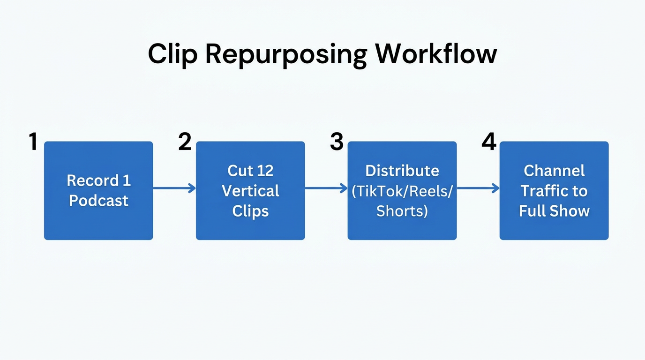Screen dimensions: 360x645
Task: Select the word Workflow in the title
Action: [436, 54]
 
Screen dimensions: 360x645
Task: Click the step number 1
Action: [33, 142]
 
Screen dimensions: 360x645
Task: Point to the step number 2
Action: [185, 142]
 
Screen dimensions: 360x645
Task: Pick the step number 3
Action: [337, 142]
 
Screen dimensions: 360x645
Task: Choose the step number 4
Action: [489, 142]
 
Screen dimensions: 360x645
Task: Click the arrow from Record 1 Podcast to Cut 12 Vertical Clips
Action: [174, 188]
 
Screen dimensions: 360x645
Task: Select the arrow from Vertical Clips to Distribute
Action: [326, 188]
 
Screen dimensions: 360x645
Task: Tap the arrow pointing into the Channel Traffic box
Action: [478, 188]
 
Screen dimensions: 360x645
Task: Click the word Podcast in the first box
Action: [98, 201]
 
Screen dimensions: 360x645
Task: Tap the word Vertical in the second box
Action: [250, 191]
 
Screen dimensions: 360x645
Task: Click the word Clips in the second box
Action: [250, 211]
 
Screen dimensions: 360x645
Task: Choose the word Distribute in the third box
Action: [402, 171]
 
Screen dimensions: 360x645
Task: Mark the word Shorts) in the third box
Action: [402, 211]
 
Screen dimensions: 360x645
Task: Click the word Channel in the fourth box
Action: [554, 171]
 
